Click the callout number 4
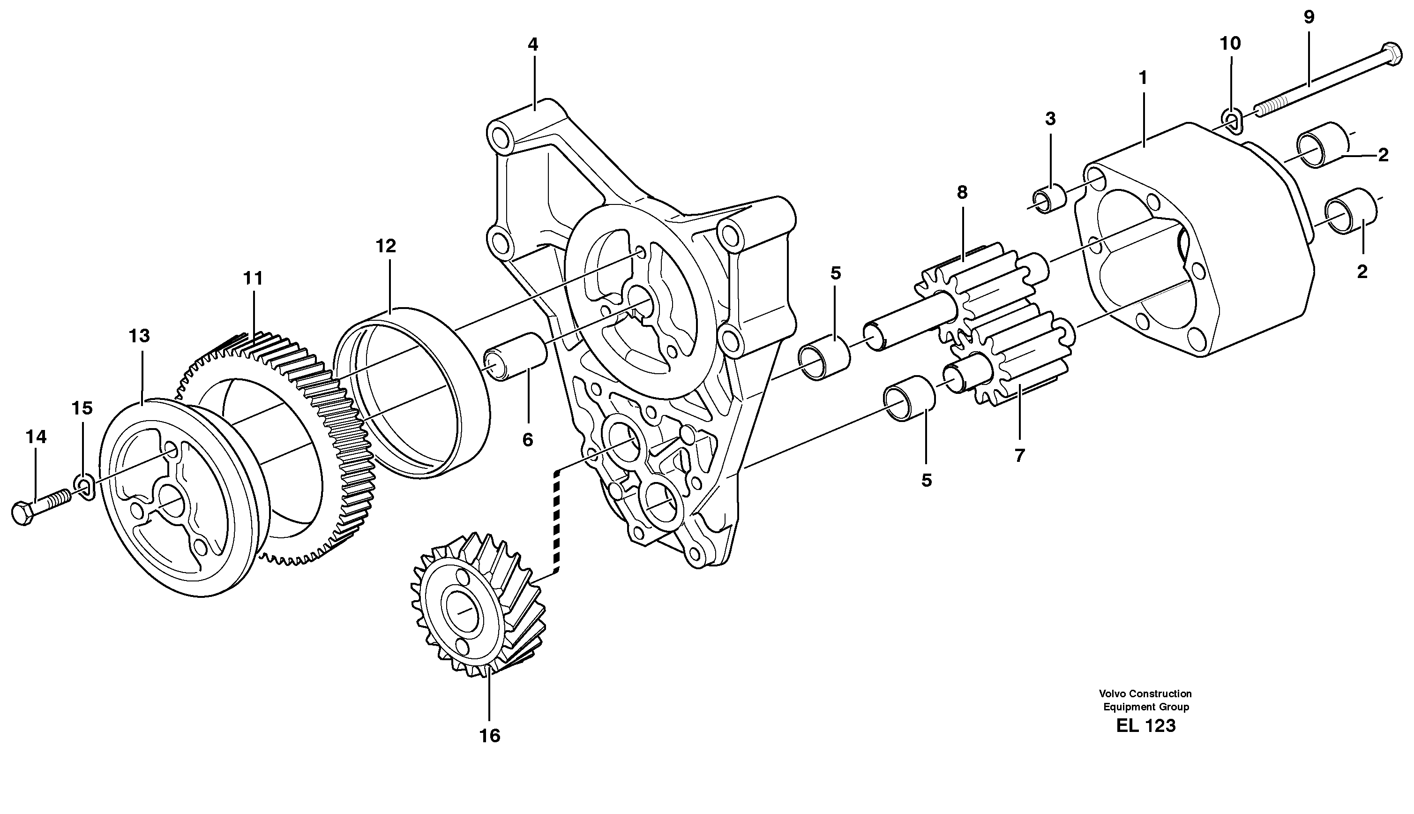click(532, 45)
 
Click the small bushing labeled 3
click(1048, 200)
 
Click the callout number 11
click(253, 278)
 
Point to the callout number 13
click(139, 336)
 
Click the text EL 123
click(1145, 726)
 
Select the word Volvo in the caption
click(1112, 694)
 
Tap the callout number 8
click(961, 192)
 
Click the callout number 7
click(1019, 456)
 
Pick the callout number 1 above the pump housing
click(1143, 78)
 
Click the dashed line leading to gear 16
click(556, 520)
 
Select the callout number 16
click(489, 736)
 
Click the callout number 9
click(1309, 17)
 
